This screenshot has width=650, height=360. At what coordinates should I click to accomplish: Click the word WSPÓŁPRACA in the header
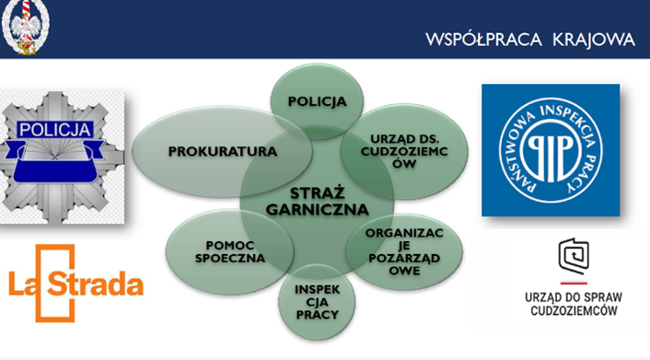(x=483, y=40)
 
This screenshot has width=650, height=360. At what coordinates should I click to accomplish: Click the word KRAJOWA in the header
(x=594, y=41)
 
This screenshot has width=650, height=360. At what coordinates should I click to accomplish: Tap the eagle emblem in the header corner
(x=25, y=27)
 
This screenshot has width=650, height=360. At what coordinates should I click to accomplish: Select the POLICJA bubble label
(x=317, y=101)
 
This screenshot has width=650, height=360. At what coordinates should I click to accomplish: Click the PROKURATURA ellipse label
(x=223, y=152)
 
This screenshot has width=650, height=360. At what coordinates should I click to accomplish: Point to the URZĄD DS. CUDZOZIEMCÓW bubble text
(x=404, y=151)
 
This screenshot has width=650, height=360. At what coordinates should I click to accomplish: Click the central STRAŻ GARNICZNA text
(x=317, y=202)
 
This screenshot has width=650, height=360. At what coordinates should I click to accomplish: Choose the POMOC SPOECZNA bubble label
(x=230, y=251)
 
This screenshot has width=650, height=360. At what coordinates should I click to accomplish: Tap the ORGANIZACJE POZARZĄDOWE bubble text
(x=404, y=251)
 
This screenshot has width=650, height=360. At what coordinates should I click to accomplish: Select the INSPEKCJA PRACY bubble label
(x=317, y=302)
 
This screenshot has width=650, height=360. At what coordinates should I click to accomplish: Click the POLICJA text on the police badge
(x=54, y=130)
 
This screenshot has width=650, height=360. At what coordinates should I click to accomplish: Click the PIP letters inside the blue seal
(x=550, y=151)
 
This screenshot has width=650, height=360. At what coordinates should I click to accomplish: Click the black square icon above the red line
(x=574, y=256)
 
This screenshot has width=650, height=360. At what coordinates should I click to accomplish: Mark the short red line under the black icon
(x=574, y=284)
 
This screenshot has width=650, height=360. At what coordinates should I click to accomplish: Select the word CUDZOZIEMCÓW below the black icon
(x=574, y=310)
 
